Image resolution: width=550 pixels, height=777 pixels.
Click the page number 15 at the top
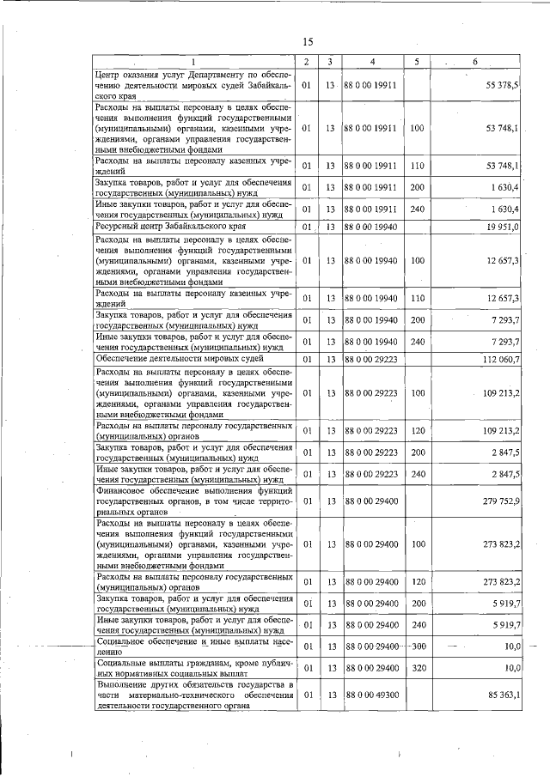pos(308,42)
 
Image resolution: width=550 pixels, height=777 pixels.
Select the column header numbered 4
pos(371,62)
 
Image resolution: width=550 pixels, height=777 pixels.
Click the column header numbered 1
pos(193,62)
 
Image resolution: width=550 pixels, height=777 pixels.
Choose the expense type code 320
pos(418,666)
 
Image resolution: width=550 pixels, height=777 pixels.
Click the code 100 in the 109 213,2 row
pos(418,392)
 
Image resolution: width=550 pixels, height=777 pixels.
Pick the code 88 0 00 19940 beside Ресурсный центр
pos(370,227)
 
